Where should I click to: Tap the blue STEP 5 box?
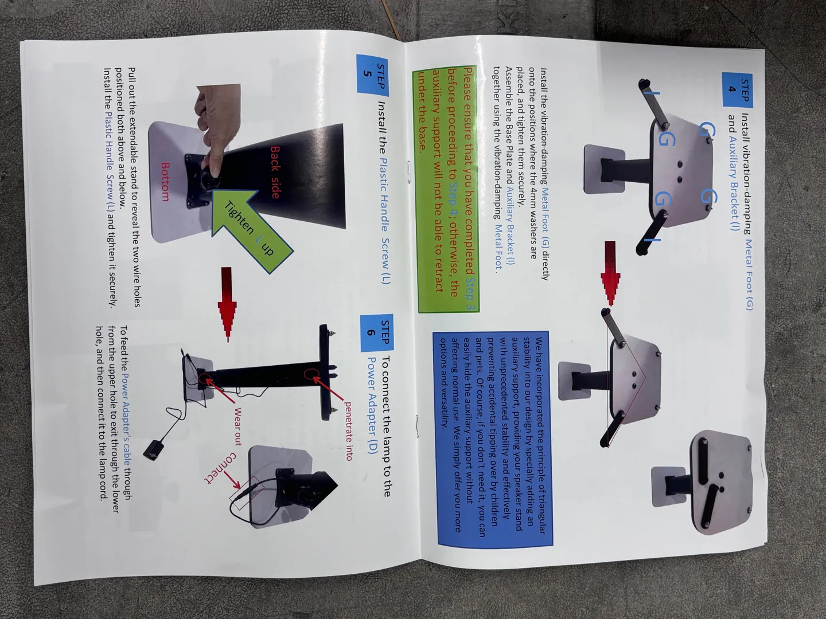click(372, 74)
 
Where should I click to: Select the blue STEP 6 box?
click(377, 332)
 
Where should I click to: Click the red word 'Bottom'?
click(165, 182)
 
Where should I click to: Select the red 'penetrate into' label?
click(348, 431)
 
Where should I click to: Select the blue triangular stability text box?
click(493, 438)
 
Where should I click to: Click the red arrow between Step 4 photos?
click(610, 273)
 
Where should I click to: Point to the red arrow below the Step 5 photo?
click(227, 304)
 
